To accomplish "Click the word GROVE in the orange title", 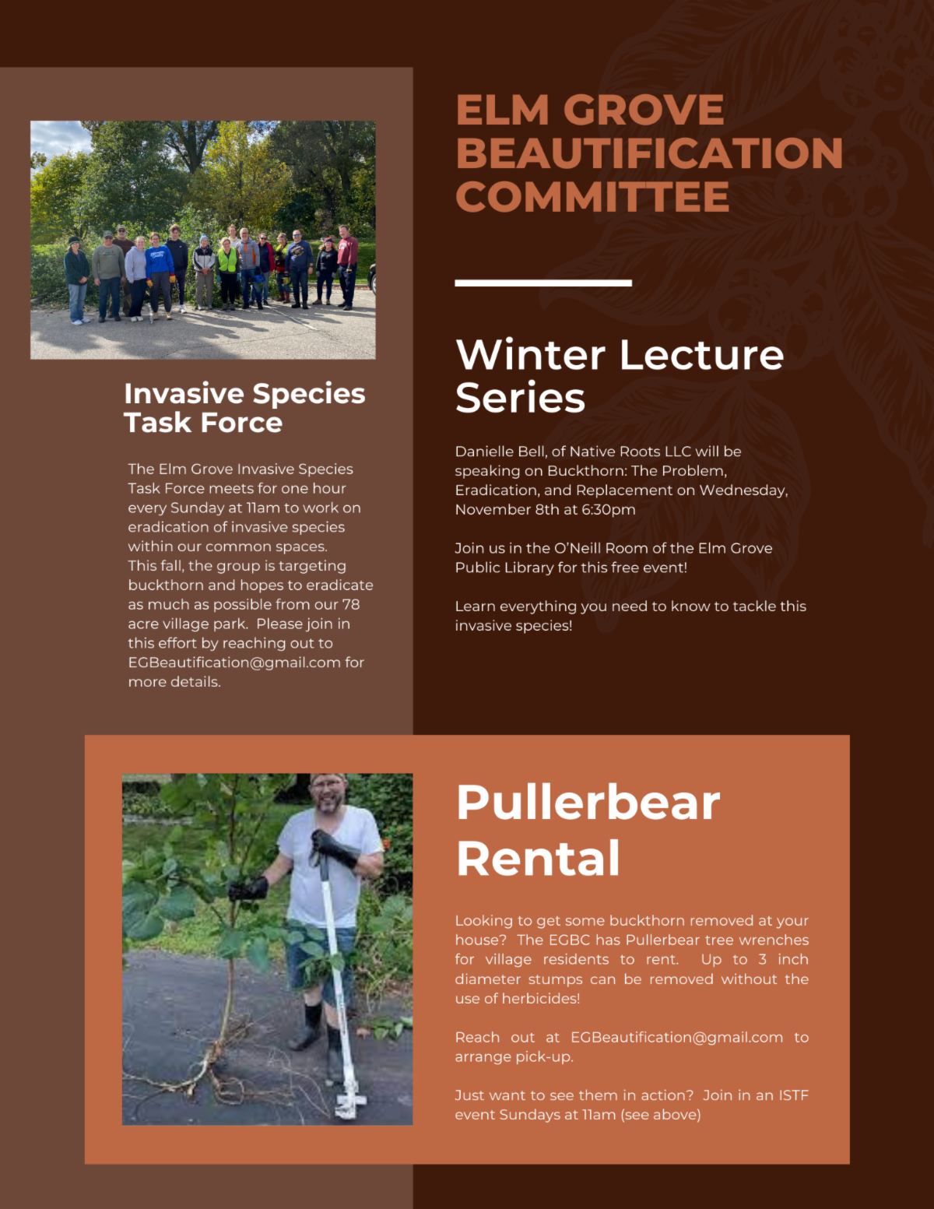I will (x=643, y=110).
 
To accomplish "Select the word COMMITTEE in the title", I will (x=592, y=196).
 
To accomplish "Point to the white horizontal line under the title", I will (x=543, y=283).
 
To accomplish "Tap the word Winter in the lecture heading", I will (x=530, y=355).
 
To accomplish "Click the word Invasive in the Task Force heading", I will (x=184, y=394).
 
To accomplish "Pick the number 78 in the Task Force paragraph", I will (x=351, y=604).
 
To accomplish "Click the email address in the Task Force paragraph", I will (x=234, y=662).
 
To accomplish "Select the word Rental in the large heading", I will (x=538, y=859).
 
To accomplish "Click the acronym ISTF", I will (x=793, y=1095).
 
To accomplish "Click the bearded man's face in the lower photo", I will (x=328, y=796).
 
